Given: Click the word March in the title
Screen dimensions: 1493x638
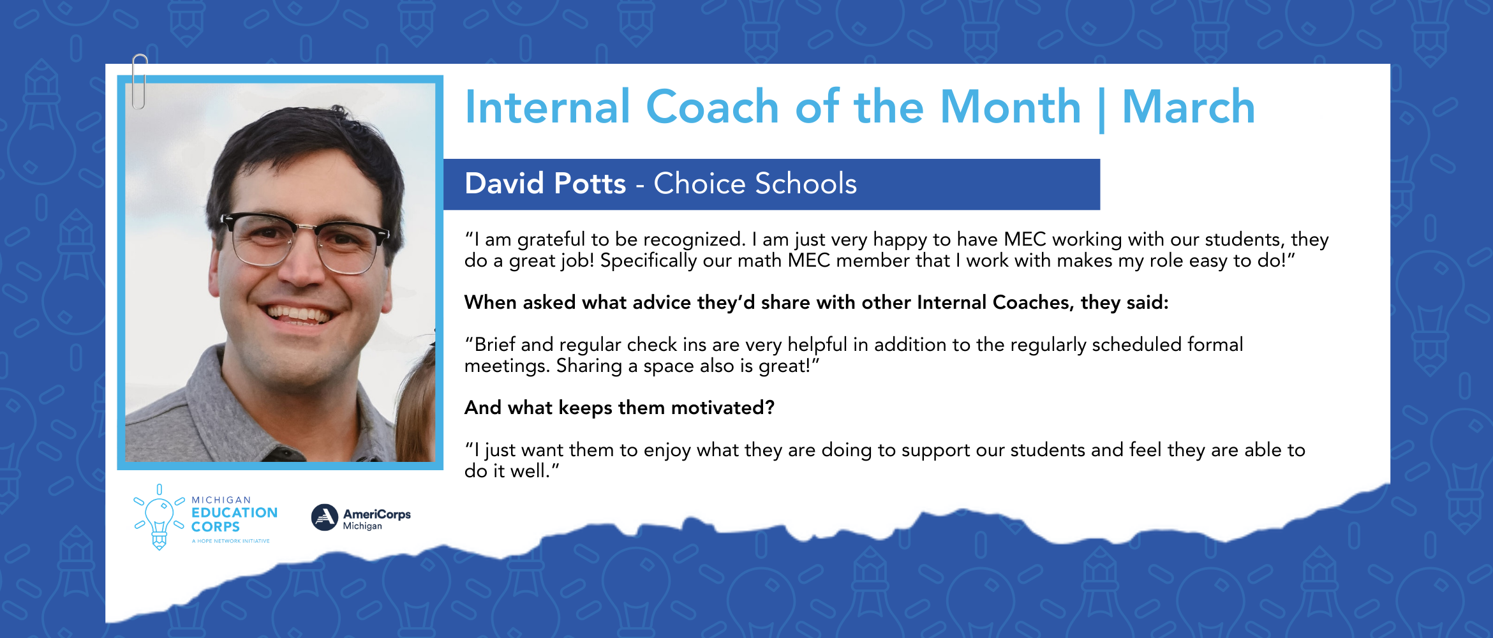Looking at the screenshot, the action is (x=1188, y=107).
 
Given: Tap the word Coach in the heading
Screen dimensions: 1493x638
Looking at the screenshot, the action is (x=712, y=107).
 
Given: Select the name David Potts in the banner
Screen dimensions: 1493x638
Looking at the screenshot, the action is (x=545, y=184).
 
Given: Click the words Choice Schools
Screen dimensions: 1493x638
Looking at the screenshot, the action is (x=755, y=184).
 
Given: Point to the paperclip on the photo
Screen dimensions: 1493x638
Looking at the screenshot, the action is (x=140, y=82).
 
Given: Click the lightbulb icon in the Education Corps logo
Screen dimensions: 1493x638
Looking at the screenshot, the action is (x=159, y=517).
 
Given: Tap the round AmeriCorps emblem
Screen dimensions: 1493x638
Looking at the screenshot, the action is (x=324, y=517).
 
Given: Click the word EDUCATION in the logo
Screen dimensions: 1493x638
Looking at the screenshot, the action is (x=234, y=513).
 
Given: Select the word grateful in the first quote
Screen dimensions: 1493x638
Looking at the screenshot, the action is (x=551, y=240).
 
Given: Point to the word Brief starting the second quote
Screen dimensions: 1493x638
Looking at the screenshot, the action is (x=494, y=345).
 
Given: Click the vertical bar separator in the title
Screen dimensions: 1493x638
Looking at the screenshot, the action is (x=1102, y=110).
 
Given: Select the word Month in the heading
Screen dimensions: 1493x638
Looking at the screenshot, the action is (x=1011, y=107).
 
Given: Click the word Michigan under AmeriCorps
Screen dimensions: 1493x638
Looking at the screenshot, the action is (x=362, y=526).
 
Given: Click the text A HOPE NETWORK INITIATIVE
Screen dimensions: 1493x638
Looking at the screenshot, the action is (x=231, y=541).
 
